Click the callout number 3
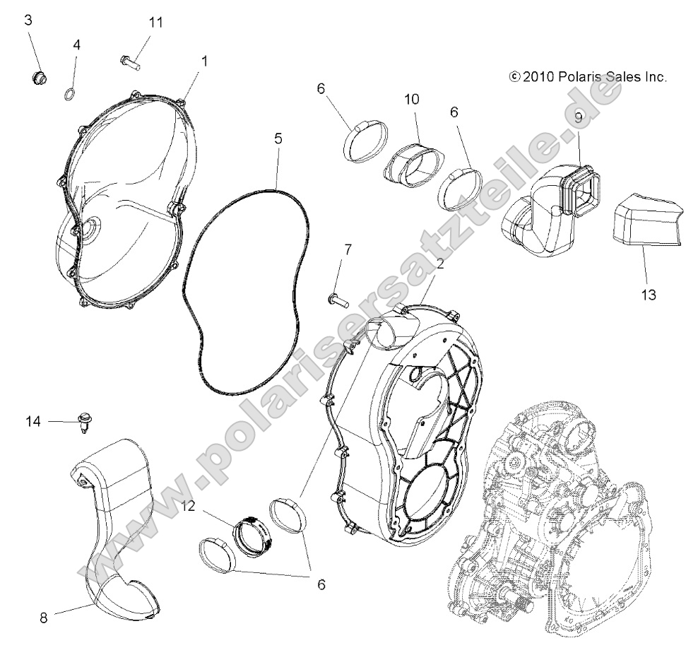[28, 20]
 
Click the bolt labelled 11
[131, 62]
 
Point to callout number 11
[155, 23]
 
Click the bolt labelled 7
[338, 300]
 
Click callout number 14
[33, 422]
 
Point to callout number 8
[43, 617]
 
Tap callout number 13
[648, 294]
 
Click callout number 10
[411, 99]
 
